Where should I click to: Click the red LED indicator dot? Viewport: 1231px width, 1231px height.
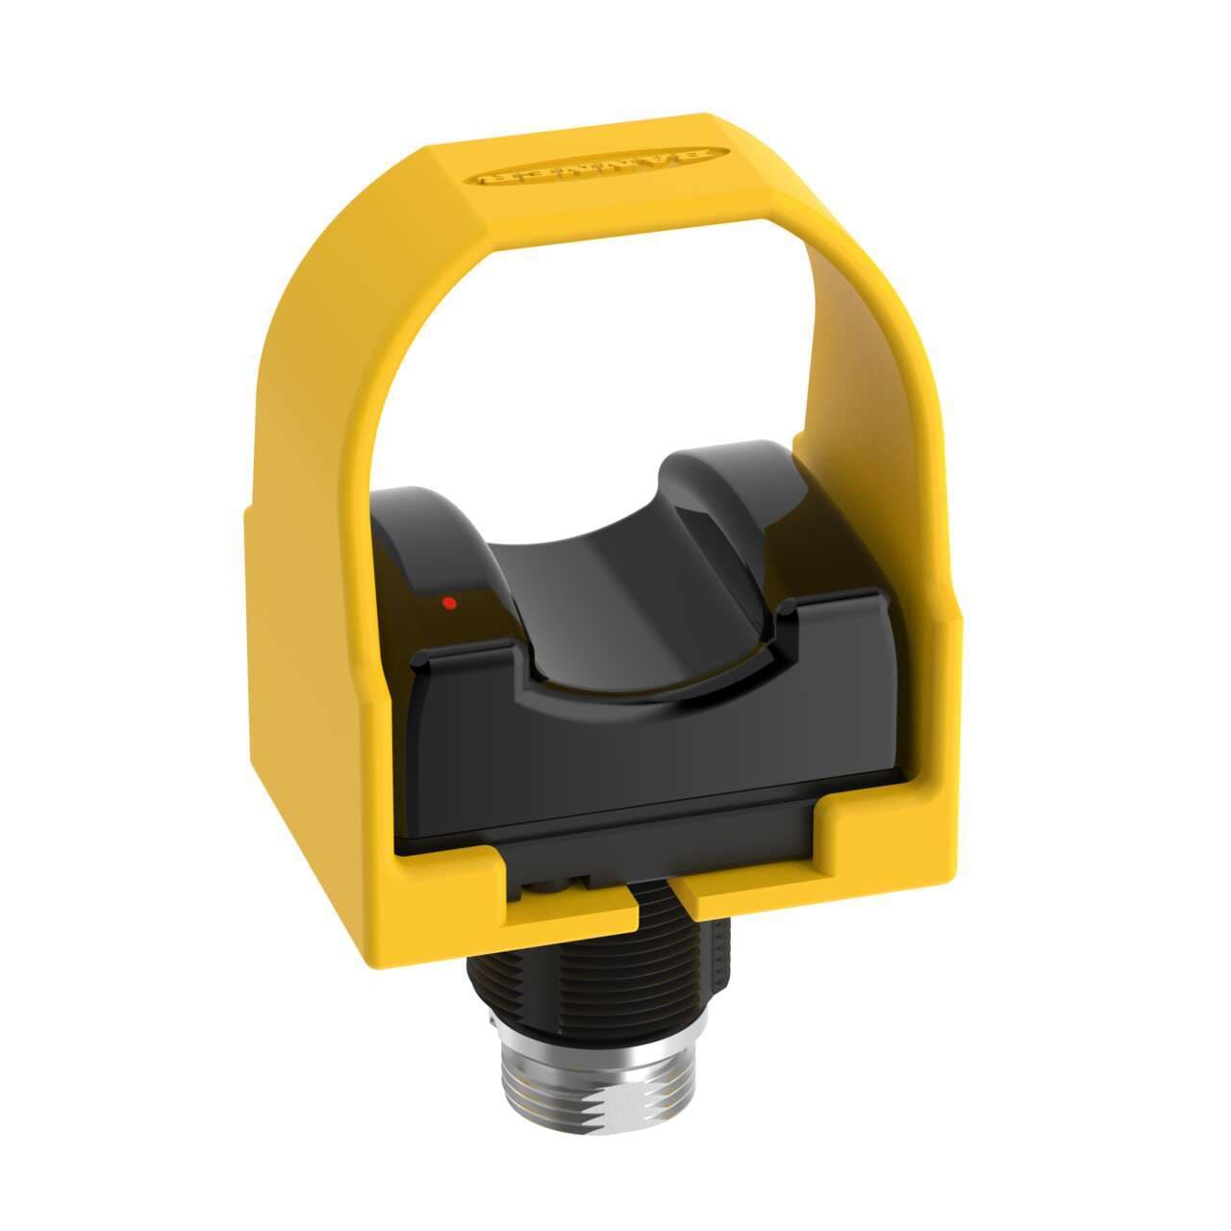pyautogui.click(x=447, y=604)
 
